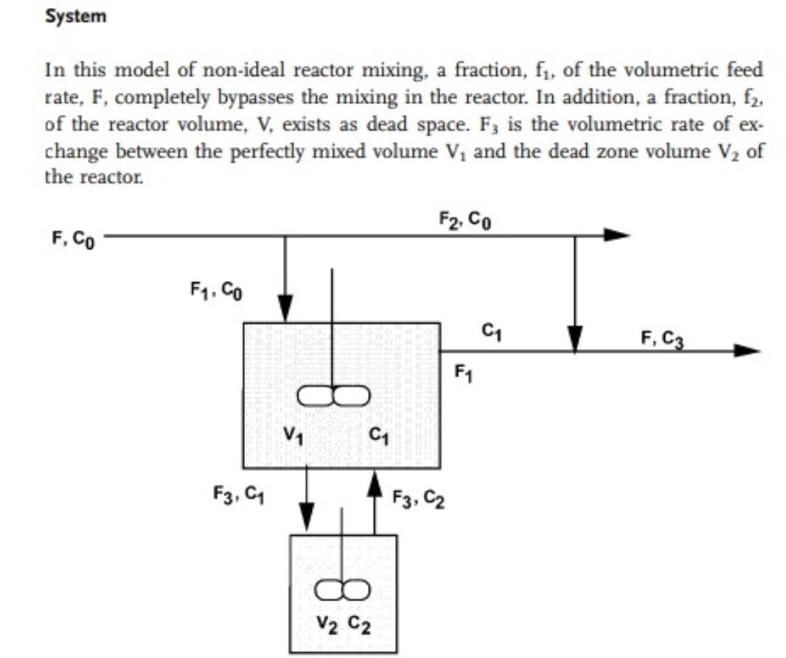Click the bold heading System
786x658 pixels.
coord(75,17)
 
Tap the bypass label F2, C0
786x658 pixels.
coord(462,220)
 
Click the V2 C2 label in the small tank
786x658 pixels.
coord(344,627)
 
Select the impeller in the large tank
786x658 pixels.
coord(333,396)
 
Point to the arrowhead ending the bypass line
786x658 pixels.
coord(617,236)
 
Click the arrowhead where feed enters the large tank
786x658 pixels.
coord(285,307)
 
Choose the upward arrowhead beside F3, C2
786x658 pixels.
coord(375,483)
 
